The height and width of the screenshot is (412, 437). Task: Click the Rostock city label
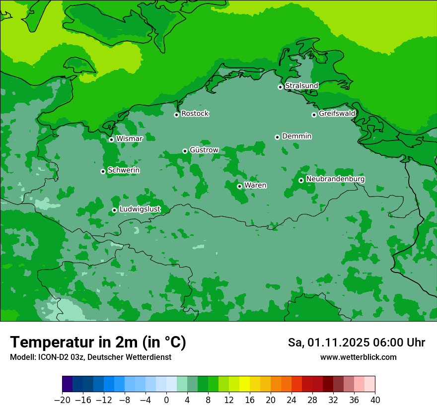[195, 114]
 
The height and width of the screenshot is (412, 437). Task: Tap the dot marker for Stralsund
[280, 87]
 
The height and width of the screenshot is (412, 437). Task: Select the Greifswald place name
[337, 114]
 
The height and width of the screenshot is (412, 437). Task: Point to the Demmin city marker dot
[277, 137]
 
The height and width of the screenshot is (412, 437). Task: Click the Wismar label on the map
[129, 139]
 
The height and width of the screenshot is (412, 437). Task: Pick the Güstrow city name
[204, 150]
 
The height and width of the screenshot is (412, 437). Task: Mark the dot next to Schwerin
[103, 171]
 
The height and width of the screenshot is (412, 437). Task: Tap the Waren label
[255, 186]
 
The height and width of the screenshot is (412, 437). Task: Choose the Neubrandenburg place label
[335, 179]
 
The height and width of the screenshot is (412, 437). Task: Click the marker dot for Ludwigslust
[114, 210]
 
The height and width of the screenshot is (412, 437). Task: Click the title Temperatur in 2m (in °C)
[98, 343]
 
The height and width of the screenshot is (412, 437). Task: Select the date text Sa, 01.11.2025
[328, 343]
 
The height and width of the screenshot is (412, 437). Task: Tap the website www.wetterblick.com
[358, 357]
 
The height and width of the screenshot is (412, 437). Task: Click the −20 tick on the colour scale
[62, 400]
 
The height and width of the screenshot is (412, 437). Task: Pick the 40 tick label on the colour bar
[375, 400]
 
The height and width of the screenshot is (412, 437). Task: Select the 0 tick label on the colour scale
[166, 400]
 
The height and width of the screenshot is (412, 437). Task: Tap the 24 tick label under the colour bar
[291, 400]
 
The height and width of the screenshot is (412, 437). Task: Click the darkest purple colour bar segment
[67, 384]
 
